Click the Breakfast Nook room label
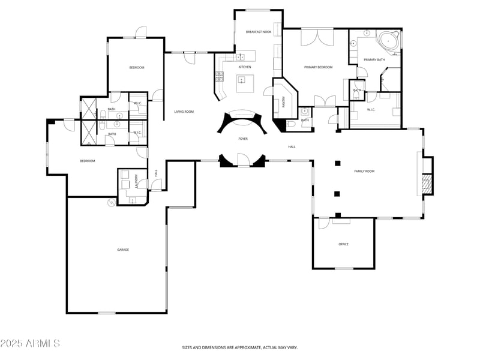(x=258, y=31)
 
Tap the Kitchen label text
(x=245, y=67)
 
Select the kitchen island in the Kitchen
(x=245, y=84)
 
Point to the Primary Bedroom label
(x=318, y=67)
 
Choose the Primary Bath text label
(x=374, y=59)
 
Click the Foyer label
(x=243, y=139)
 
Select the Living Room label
(x=184, y=112)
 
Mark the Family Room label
(x=364, y=172)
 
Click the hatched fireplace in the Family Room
(x=426, y=184)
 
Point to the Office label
(x=343, y=244)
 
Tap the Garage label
(x=123, y=250)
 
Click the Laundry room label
(x=137, y=181)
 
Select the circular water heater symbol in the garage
(x=111, y=203)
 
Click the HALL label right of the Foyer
(x=292, y=146)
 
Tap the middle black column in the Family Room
(x=337, y=194)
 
